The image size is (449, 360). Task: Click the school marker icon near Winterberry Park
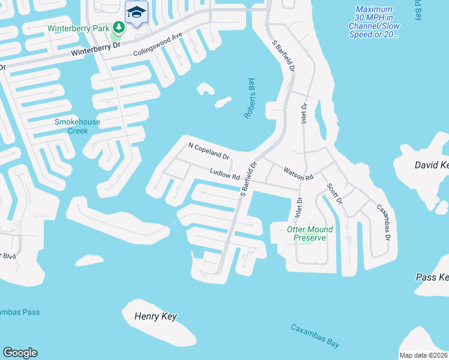[137, 12]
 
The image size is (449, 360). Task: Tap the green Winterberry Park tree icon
[119, 27]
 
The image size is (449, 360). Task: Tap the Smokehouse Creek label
[77, 126]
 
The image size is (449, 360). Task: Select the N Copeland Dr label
[209, 151]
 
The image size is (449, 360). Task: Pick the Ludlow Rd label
[225, 174]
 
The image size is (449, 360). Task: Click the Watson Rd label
[298, 174]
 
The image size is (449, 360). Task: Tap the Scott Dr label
[334, 192]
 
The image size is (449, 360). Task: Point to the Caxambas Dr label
[383, 223]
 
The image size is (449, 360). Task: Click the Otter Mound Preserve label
[309, 233]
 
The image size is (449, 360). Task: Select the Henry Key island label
[155, 316]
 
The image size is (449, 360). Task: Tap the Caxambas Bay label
[315, 336]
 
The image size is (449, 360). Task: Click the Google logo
[20, 353]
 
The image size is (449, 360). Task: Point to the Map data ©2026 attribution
[424, 355]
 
